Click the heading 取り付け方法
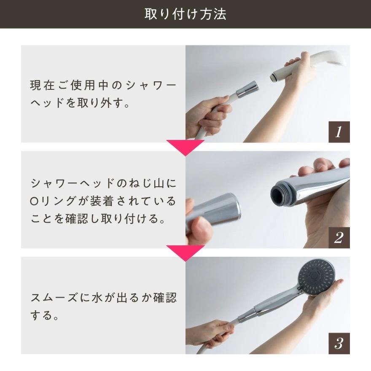click(x=185, y=14)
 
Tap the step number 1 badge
click(x=339, y=132)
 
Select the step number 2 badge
click(x=339, y=237)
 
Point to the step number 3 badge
click(x=339, y=343)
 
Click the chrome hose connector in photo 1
click(x=247, y=89)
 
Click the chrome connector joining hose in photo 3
click(x=247, y=316)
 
